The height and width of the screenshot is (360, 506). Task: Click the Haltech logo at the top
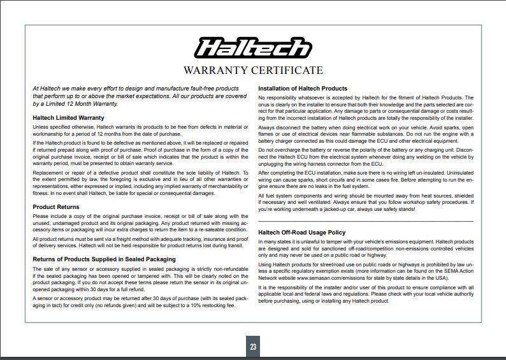(x=252, y=48)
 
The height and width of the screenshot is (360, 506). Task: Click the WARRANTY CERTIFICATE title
(x=253, y=70)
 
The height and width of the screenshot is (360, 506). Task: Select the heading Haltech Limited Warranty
(x=68, y=118)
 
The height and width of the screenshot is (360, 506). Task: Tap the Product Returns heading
(x=55, y=207)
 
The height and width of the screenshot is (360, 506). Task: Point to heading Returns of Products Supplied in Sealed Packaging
(x=104, y=259)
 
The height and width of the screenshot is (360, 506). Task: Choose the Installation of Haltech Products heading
(x=302, y=88)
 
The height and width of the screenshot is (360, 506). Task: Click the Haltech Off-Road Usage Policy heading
(x=301, y=233)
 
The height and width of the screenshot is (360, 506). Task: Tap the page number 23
(x=253, y=347)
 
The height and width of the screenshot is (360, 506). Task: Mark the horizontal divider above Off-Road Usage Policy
(x=366, y=220)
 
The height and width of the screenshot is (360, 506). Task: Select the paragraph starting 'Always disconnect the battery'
(x=366, y=134)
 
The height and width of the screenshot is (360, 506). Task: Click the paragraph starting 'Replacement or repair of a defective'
(x=140, y=183)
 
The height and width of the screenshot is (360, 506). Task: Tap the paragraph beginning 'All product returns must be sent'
(x=140, y=242)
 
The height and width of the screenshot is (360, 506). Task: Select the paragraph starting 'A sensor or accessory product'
(x=140, y=301)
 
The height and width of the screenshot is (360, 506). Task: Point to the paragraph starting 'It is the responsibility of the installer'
(x=366, y=294)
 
